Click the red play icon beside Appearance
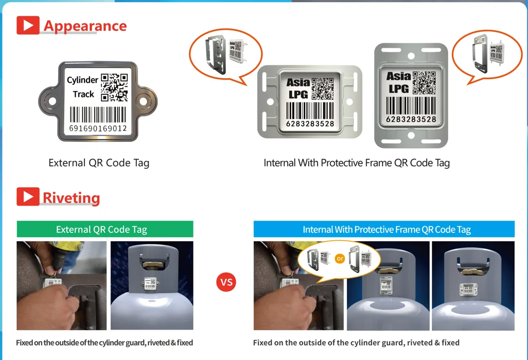(x=28, y=25)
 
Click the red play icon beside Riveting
(x=28, y=197)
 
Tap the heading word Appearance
(x=85, y=26)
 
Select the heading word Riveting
(x=71, y=197)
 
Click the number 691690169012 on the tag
(x=98, y=128)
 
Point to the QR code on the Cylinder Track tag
(x=114, y=87)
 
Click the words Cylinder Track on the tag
(x=83, y=87)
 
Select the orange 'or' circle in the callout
(x=340, y=259)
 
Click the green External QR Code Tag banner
(x=105, y=229)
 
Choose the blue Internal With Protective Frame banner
(x=384, y=229)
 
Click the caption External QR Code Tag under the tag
(x=99, y=163)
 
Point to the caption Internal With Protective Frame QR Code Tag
(x=357, y=163)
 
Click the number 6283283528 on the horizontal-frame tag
(x=310, y=123)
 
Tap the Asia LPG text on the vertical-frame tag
(x=398, y=82)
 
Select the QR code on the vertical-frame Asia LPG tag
(x=424, y=82)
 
